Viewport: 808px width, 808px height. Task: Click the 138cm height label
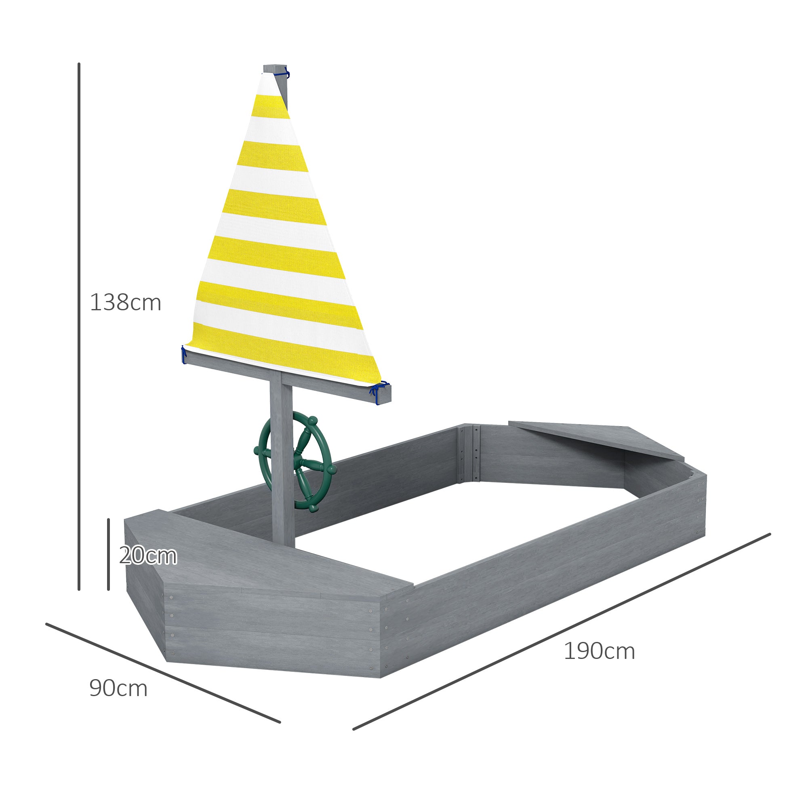[x=126, y=302]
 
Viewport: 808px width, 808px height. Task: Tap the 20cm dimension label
[x=148, y=556]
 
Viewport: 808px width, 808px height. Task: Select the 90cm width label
[x=118, y=688]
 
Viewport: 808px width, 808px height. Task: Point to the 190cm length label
[x=599, y=651]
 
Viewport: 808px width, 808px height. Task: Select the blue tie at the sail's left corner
[x=184, y=355]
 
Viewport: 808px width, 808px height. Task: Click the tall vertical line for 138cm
[x=79, y=326]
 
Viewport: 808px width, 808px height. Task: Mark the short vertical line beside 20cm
[x=108, y=554]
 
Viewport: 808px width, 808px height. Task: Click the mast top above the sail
[x=274, y=68]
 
